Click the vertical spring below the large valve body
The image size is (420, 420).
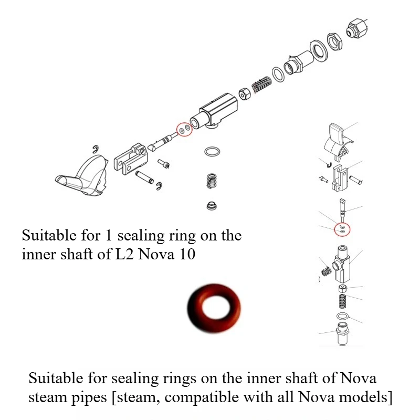(x=212, y=181)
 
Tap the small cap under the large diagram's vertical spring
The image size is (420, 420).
(x=212, y=206)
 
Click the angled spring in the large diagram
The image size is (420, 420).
(x=262, y=84)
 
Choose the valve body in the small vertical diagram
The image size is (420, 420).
(x=341, y=264)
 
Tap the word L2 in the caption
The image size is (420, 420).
(x=124, y=254)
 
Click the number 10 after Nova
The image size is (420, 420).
(x=187, y=254)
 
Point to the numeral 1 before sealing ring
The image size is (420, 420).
(x=108, y=235)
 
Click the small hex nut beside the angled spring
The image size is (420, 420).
(x=244, y=94)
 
